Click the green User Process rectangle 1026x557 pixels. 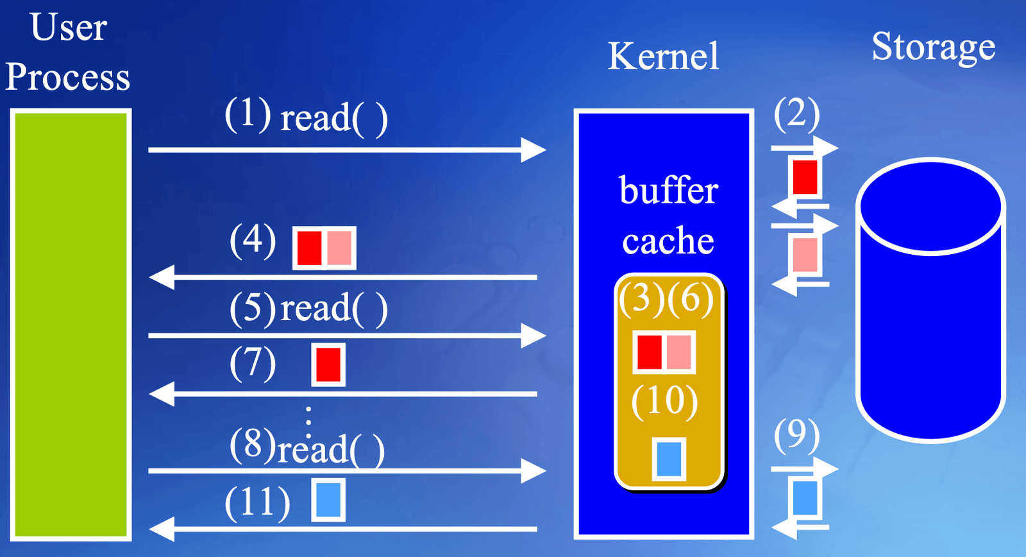(x=71, y=325)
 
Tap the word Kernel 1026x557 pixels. (x=663, y=56)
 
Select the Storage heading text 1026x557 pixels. (x=934, y=47)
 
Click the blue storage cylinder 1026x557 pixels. (x=930, y=300)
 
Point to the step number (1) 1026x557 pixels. (x=248, y=115)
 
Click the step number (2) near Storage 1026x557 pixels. (x=796, y=115)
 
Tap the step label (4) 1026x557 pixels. (x=253, y=241)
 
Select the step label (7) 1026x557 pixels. (x=253, y=364)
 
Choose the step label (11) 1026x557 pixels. (x=257, y=503)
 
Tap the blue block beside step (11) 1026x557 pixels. (x=328, y=500)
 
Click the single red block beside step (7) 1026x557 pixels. (x=328, y=364)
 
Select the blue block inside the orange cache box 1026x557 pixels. (x=669, y=459)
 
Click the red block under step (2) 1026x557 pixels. (x=805, y=177)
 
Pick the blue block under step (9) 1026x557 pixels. (x=805, y=498)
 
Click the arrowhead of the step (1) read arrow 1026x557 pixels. (x=534, y=150)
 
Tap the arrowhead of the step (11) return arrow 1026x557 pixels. (x=162, y=529)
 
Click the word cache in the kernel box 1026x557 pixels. (x=668, y=240)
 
